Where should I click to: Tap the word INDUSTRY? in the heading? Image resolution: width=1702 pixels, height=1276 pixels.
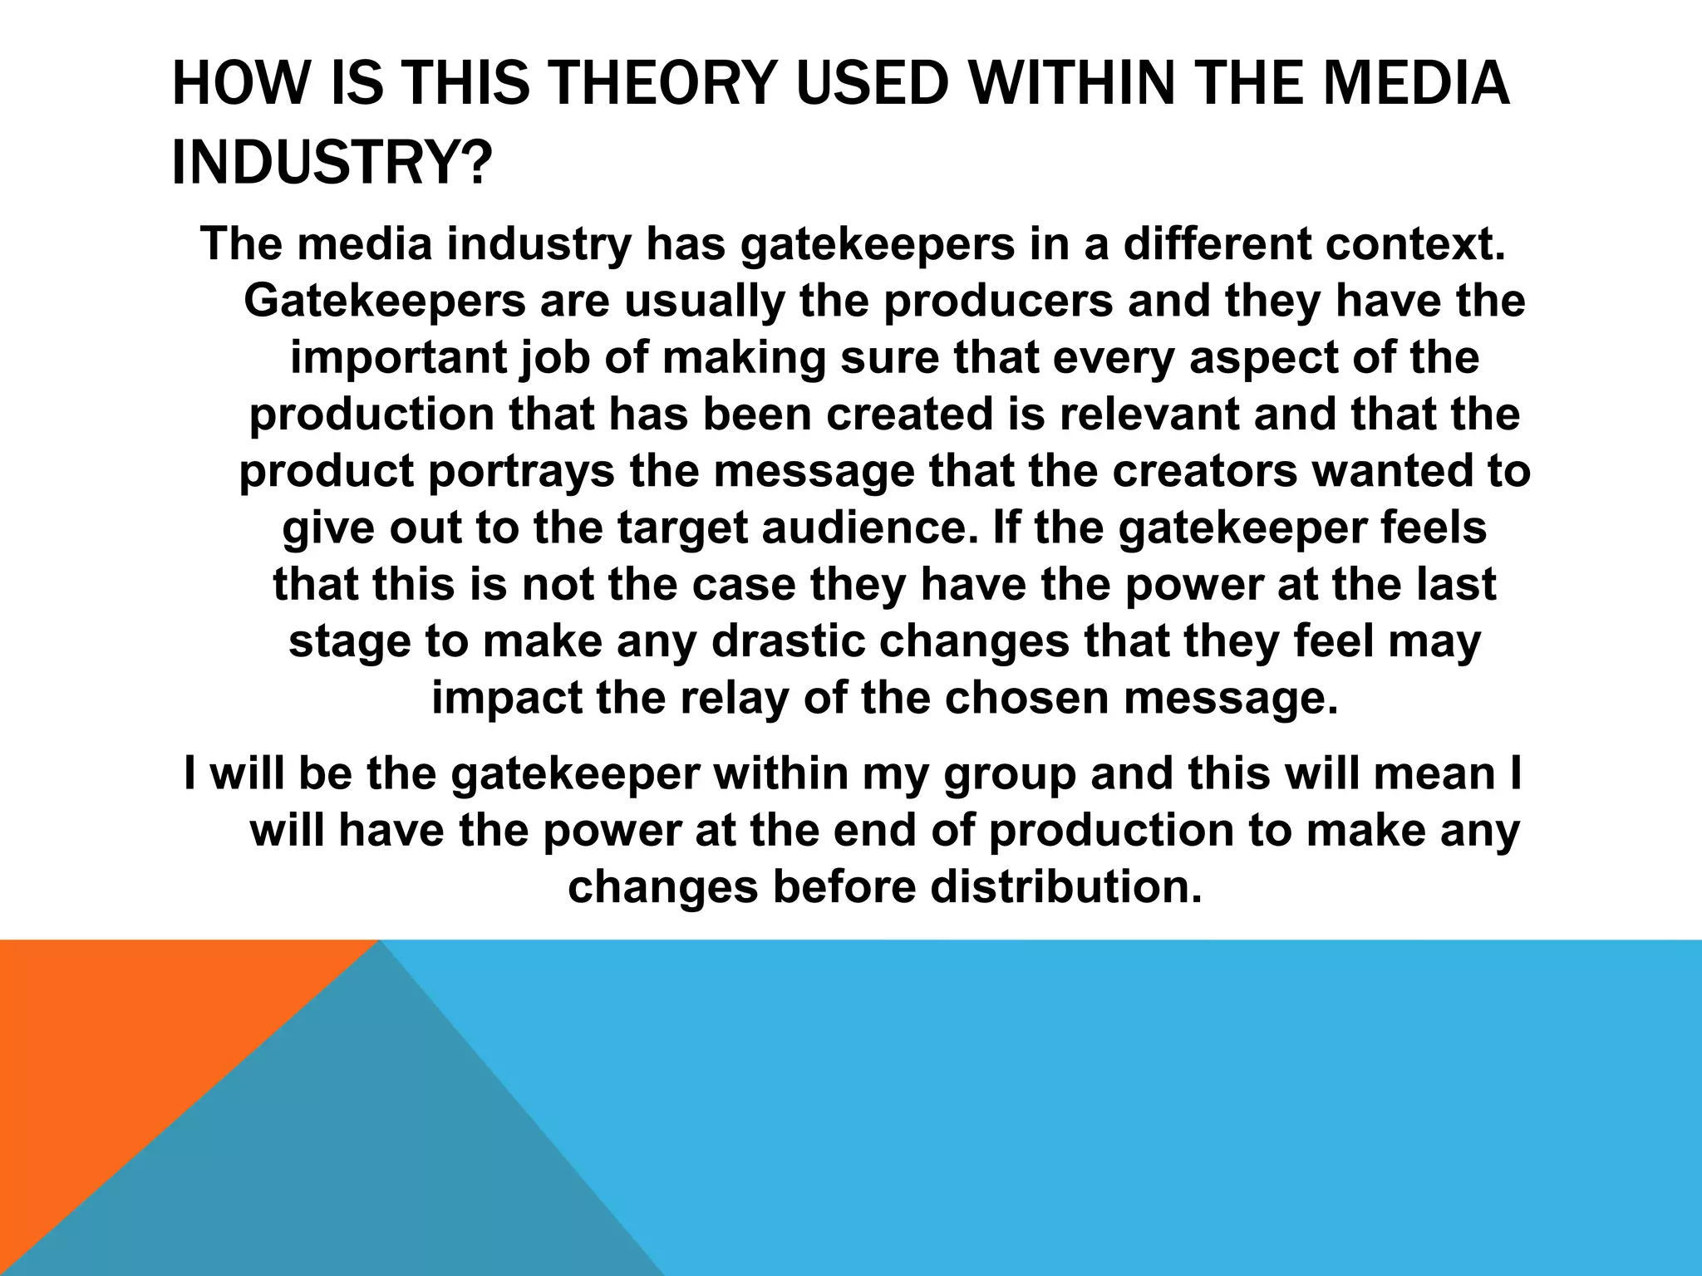pyautogui.click(x=331, y=164)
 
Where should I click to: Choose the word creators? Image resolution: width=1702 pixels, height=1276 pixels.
pyautogui.click(x=1205, y=471)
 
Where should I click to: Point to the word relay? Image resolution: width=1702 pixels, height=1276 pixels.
pyautogui.click(x=734, y=698)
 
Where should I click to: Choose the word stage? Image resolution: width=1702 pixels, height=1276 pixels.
pyautogui.click(x=349, y=641)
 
